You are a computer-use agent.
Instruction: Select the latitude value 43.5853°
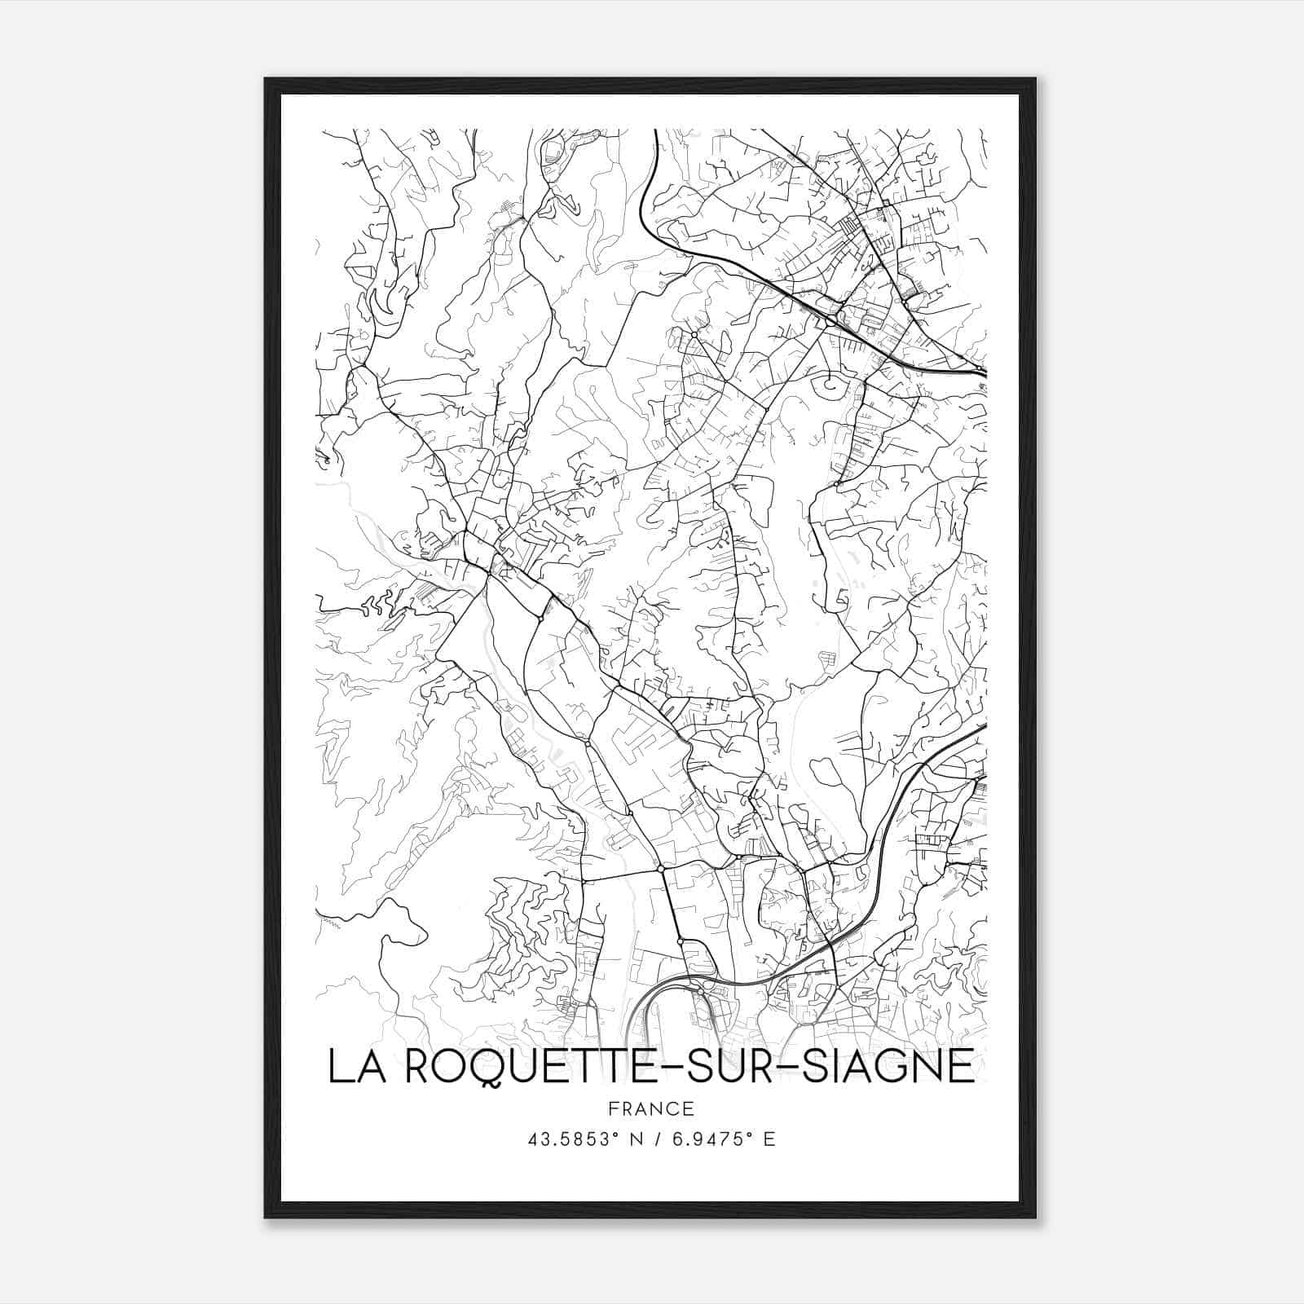tap(569, 1139)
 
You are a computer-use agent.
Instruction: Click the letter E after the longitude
tap(769, 1139)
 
